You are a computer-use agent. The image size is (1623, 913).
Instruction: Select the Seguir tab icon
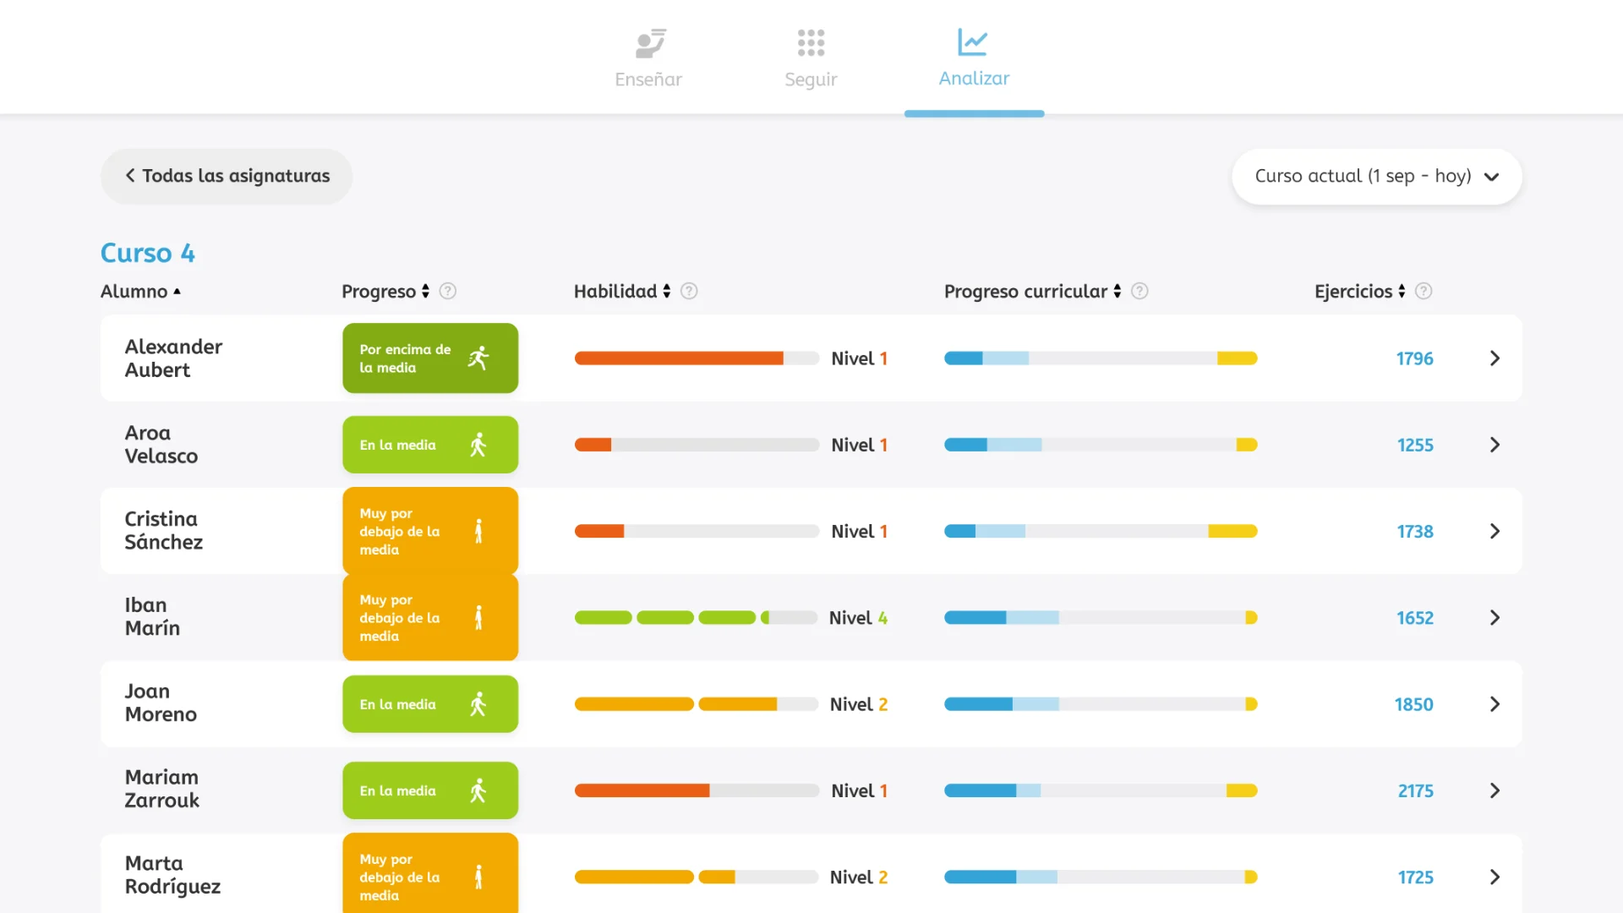point(811,42)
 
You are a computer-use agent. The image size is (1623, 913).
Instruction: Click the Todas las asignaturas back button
point(227,176)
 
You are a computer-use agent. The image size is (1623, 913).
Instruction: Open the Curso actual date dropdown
point(1376,176)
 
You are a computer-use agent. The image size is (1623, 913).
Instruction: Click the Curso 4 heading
point(147,253)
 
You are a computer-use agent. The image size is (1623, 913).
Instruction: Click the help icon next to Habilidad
point(689,291)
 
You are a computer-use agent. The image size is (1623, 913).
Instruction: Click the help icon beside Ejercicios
point(1424,291)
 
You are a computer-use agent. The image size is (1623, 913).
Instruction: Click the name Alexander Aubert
point(173,358)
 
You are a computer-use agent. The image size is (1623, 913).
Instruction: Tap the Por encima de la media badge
point(429,358)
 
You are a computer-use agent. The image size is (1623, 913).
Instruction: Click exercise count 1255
point(1414,445)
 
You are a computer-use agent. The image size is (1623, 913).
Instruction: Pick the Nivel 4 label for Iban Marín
point(858,618)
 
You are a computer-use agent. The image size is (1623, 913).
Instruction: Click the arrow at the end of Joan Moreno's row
point(1495,704)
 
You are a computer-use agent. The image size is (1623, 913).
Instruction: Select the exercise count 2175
point(1415,791)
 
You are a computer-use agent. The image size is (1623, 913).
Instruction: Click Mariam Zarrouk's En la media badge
point(429,790)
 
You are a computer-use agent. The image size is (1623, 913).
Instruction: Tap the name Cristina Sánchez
point(163,531)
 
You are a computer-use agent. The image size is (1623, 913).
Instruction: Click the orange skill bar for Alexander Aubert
point(679,358)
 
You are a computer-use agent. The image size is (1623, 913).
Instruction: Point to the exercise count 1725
point(1415,877)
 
